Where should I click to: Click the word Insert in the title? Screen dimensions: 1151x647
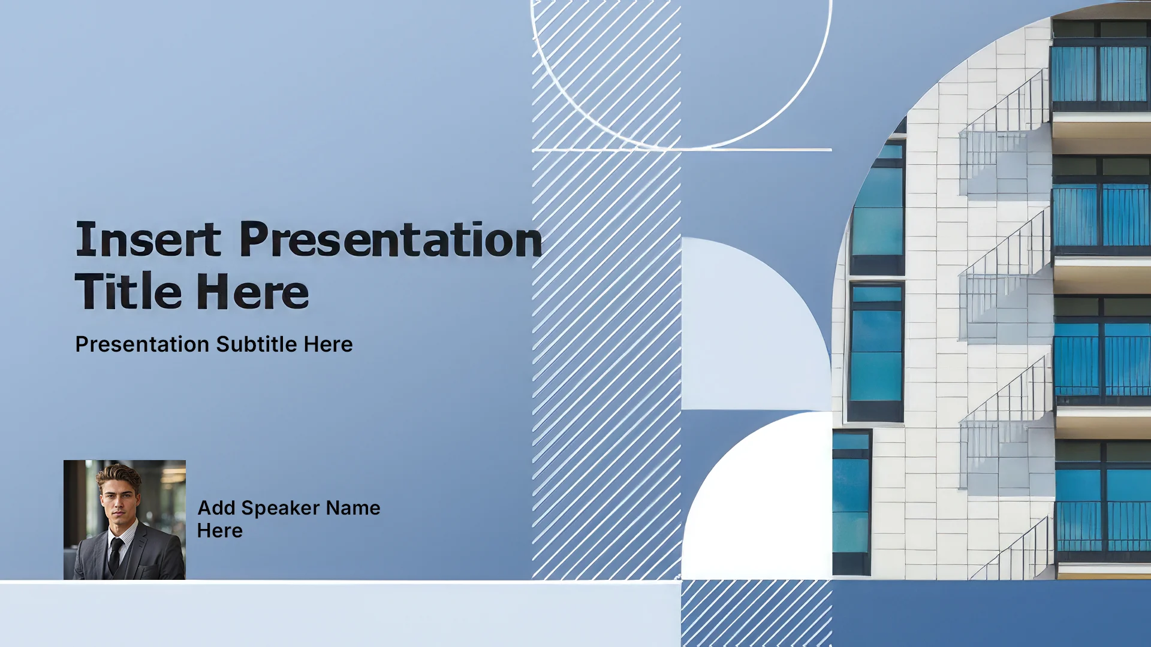148,239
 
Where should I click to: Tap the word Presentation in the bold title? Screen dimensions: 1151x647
391,239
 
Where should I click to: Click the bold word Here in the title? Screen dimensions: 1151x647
252,291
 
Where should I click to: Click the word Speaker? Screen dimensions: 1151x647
281,509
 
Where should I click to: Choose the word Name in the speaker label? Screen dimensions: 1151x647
353,508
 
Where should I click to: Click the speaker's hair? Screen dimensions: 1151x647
119,473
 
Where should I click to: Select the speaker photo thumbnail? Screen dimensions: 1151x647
125,520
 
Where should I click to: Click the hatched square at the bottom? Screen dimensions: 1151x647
757,613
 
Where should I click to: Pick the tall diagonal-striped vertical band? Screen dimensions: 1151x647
606,290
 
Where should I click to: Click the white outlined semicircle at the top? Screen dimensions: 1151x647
682,143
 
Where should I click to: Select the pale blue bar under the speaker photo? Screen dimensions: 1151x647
341,614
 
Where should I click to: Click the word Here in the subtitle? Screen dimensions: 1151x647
328,344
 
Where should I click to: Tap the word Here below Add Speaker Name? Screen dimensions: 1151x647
220,531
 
